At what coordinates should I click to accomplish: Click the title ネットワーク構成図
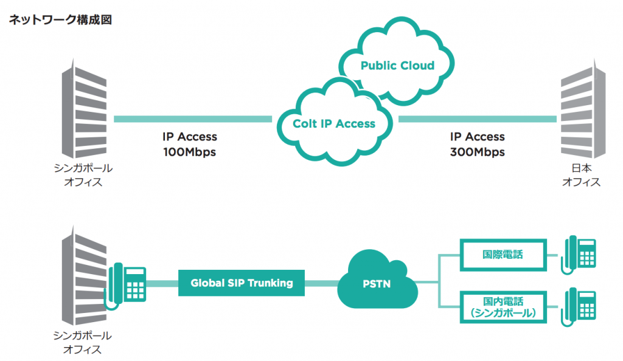pyautogui.click(x=59, y=20)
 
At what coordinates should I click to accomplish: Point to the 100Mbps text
pyautogui.click(x=189, y=152)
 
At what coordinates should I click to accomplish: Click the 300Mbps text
pyautogui.click(x=477, y=152)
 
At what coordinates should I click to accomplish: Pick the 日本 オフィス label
pyautogui.click(x=581, y=174)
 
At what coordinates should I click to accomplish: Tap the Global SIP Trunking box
pyautogui.click(x=242, y=283)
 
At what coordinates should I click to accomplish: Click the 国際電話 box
pyautogui.click(x=503, y=255)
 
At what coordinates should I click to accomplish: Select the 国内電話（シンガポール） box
pyautogui.click(x=503, y=306)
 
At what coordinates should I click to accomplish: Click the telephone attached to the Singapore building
pyautogui.click(x=127, y=284)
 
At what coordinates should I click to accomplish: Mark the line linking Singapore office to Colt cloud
pyautogui.click(x=192, y=119)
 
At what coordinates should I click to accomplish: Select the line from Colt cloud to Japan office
pyautogui.click(x=478, y=119)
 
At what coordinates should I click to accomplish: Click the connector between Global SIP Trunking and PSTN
pyautogui.click(x=321, y=283)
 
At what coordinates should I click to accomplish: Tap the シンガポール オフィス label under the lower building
pyautogui.click(x=83, y=343)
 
